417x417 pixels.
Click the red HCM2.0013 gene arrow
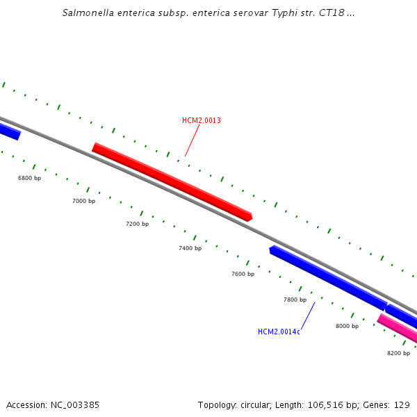172,182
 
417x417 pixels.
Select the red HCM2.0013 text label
202,121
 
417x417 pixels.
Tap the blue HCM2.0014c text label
279,332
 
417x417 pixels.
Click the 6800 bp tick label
29,179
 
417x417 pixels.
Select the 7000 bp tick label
83,201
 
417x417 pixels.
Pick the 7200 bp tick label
137,224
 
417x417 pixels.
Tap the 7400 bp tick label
190,248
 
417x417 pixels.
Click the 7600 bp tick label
243,274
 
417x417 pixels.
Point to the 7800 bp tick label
295,300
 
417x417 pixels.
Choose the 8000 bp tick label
347,326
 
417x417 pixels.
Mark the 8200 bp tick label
398,353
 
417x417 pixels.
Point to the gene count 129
402,404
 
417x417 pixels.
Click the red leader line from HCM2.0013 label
193,141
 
